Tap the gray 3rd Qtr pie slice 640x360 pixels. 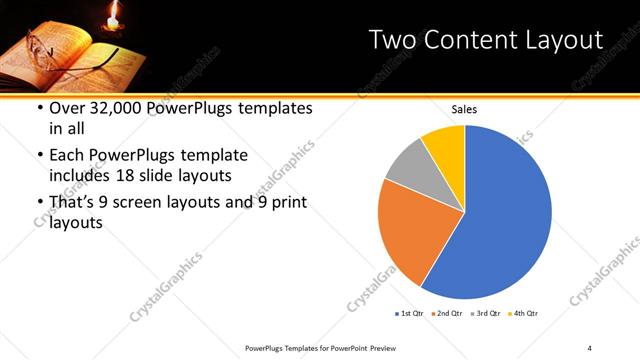(x=405, y=165)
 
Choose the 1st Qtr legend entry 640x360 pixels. (x=409, y=314)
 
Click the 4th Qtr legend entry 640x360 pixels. (x=526, y=314)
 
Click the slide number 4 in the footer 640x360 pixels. (x=590, y=347)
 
